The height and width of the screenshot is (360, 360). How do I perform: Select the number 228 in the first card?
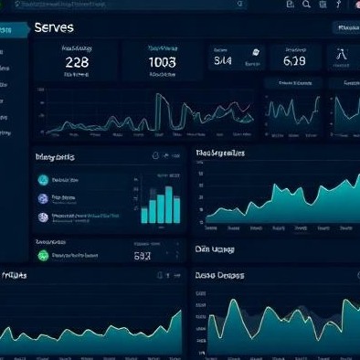coord(77,62)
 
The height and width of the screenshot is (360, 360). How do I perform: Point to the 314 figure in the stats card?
coord(222,61)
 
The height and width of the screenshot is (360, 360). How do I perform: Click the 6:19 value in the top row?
coord(294,61)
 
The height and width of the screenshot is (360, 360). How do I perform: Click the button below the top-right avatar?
coord(345,28)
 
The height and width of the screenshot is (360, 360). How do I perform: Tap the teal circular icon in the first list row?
coord(43,181)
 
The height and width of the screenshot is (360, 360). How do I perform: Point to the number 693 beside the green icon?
coord(142,258)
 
